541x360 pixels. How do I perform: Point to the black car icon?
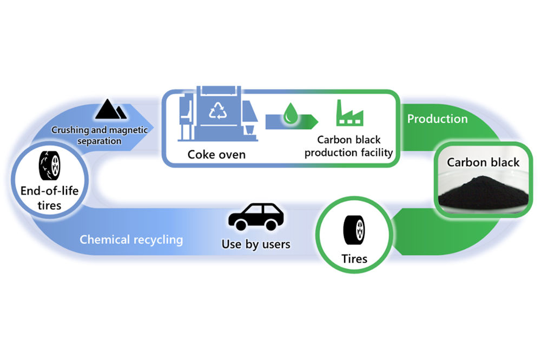click(256, 217)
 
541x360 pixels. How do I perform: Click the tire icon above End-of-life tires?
click(50, 165)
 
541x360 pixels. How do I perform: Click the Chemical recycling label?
click(131, 239)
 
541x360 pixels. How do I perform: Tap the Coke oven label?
click(216, 155)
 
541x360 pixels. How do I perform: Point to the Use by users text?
click(256, 244)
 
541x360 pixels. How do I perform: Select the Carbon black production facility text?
click(348, 146)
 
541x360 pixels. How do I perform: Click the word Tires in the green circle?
click(354, 259)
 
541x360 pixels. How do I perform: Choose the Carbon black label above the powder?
click(483, 162)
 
